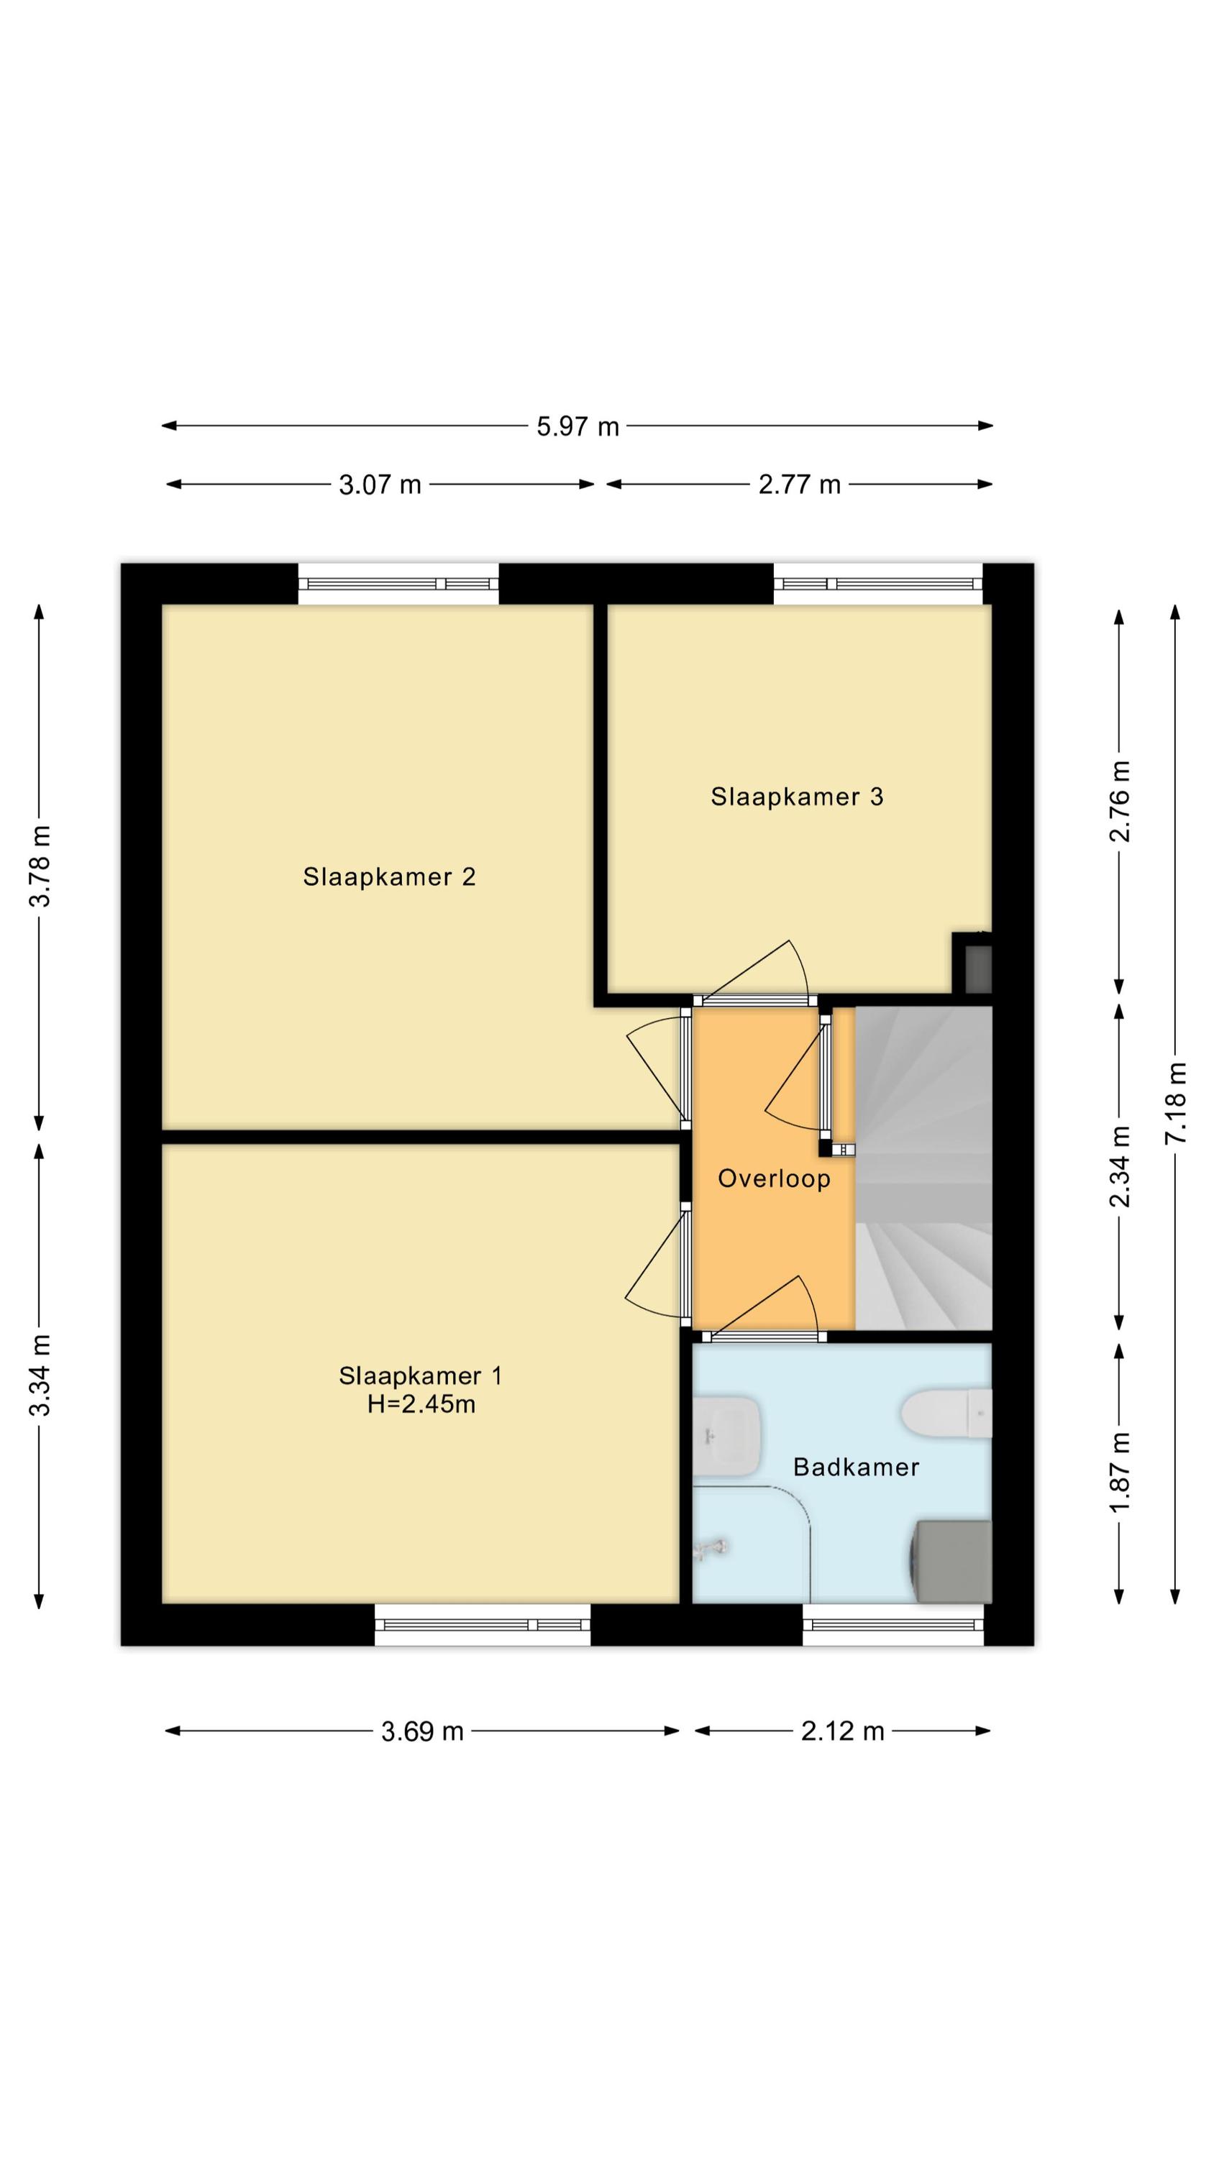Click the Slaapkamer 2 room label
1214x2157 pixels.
click(x=389, y=876)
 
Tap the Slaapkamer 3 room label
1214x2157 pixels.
click(x=797, y=797)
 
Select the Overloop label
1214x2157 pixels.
click(x=774, y=1179)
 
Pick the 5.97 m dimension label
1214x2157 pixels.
click(x=578, y=427)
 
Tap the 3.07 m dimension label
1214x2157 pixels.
click(x=380, y=485)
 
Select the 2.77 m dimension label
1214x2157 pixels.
click(x=799, y=485)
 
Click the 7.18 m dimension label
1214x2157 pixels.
click(x=1177, y=1102)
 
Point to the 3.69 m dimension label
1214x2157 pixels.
click(x=422, y=1731)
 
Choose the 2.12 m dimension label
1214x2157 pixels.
click(x=842, y=1731)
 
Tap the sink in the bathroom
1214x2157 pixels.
click(x=726, y=1435)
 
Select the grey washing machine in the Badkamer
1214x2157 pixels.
click(x=951, y=1562)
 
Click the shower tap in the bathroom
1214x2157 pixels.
click(x=711, y=1547)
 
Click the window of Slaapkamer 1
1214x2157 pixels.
click(x=482, y=1624)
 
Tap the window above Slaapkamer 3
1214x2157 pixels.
click(x=877, y=584)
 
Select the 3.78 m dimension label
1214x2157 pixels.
click(x=40, y=866)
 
